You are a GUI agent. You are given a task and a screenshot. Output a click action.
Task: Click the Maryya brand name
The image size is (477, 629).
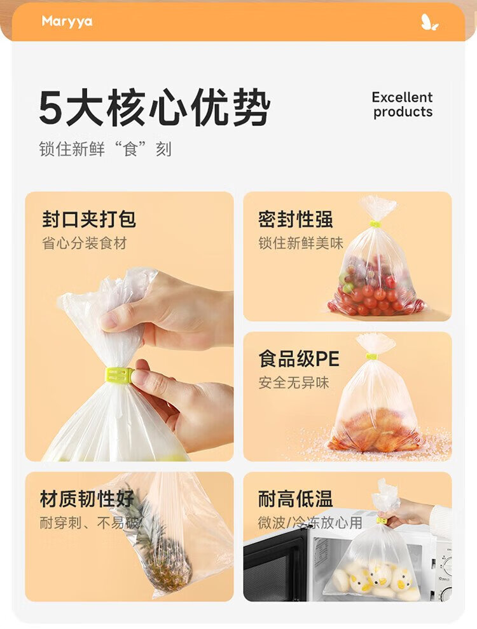67,21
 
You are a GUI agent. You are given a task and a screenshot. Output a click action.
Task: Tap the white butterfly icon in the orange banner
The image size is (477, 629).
429,22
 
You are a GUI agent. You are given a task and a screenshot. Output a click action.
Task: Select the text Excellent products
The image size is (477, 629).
403,104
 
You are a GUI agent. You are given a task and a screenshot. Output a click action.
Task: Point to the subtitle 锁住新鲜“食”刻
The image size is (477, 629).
105,149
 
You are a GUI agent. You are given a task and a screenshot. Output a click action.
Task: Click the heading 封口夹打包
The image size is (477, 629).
89,219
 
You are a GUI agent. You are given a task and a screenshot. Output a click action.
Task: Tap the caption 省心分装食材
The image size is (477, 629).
85,243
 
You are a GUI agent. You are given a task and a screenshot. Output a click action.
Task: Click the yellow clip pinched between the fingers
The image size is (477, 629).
120,375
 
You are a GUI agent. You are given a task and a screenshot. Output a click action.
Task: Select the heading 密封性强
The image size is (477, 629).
296,219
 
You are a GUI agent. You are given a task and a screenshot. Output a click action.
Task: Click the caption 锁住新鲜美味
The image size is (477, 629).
301,243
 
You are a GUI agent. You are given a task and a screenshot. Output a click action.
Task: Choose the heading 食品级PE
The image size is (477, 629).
299,358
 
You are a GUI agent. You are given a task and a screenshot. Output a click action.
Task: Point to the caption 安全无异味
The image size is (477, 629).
293,382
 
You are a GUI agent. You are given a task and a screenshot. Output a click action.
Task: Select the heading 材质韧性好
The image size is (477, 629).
86,499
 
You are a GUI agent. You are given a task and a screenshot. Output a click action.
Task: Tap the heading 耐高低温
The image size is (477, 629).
296,499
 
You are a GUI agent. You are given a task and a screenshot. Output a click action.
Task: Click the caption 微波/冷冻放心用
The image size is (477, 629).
310,523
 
